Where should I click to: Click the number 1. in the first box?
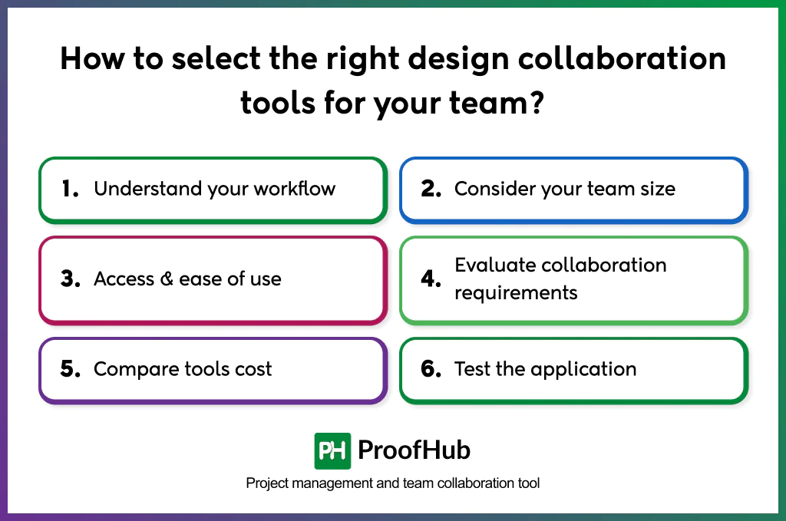[x=70, y=190]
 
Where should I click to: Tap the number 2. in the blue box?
[x=431, y=190]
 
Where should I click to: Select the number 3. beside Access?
[x=71, y=279]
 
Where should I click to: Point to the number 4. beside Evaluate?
[x=431, y=279]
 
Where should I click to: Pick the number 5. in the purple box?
[x=71, y=370]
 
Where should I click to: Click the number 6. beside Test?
[x=431, y=370]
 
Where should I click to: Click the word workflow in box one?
[x=296, y=189]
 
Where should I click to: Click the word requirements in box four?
[x=516, y=292]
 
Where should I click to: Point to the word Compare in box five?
[x=128, y=370]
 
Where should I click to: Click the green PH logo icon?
[x=332, y=450]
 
